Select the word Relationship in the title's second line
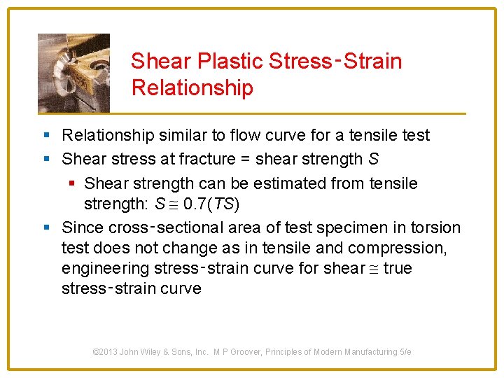point(192,88)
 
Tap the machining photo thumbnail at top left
point(73,72)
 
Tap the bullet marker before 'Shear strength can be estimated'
point(73,184)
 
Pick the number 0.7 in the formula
point(188,204)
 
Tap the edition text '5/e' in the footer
point(405,352)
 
